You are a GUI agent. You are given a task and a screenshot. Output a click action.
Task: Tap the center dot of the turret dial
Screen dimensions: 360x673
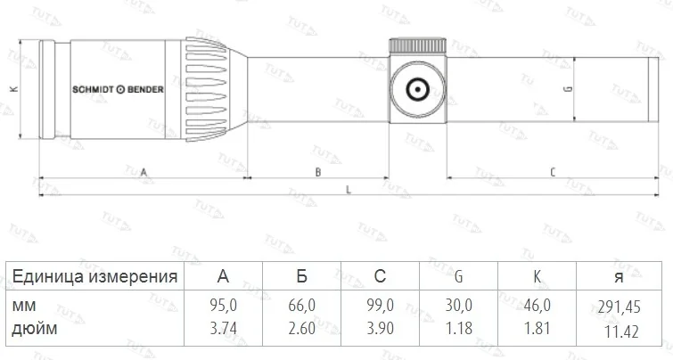(416, 90)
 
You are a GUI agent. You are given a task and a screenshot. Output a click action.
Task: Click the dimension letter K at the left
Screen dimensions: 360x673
(12, 89)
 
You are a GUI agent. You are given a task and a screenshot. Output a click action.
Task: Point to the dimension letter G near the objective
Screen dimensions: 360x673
(567, 90)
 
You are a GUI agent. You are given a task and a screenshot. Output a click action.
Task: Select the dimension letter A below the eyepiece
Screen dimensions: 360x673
(143, 171)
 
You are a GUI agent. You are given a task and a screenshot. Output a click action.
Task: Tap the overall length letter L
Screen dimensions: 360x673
(348, 189)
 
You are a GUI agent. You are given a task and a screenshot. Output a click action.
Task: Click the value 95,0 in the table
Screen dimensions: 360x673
(222, 306)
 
